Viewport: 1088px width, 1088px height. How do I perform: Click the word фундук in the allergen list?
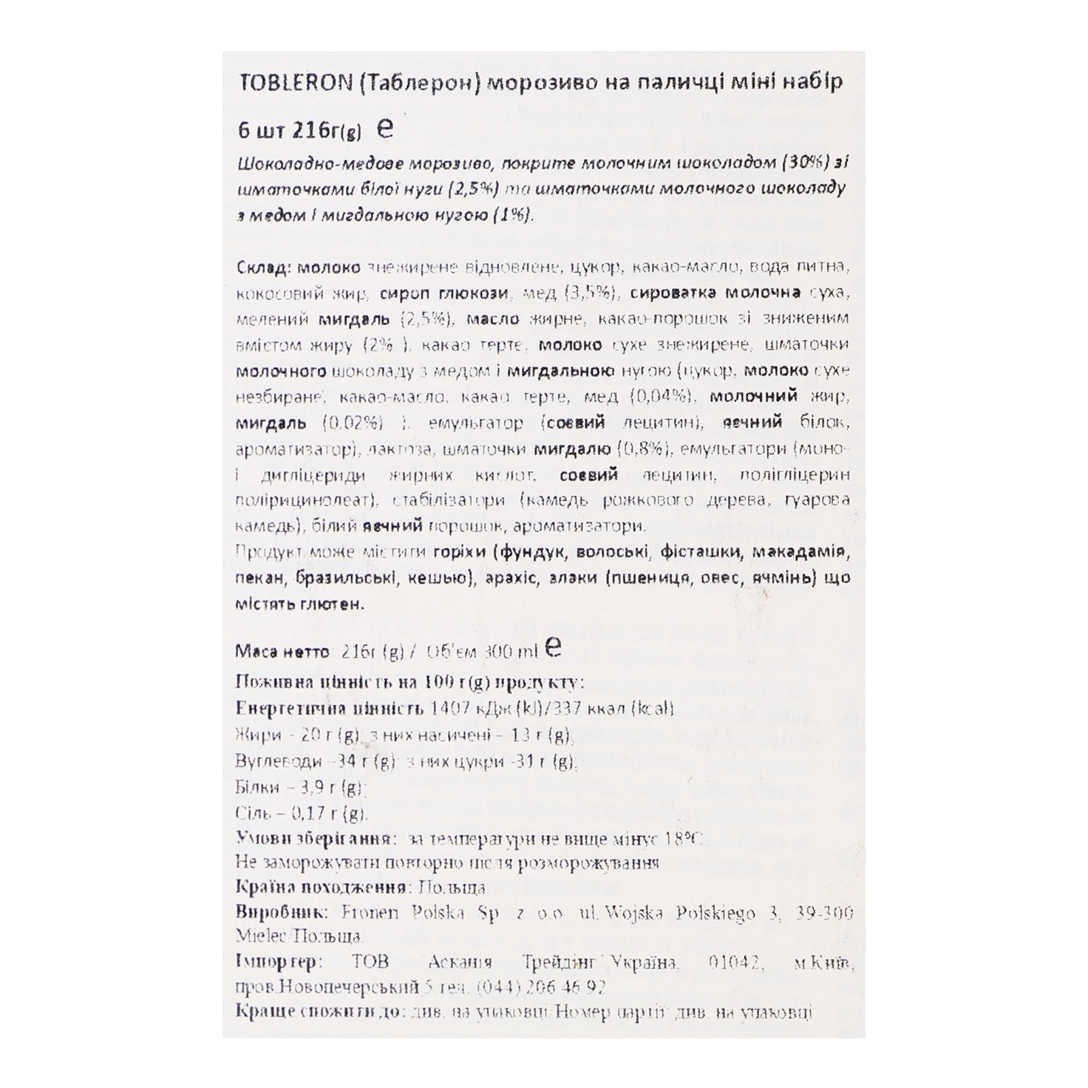pyautogui.click(x=533, y=552)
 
